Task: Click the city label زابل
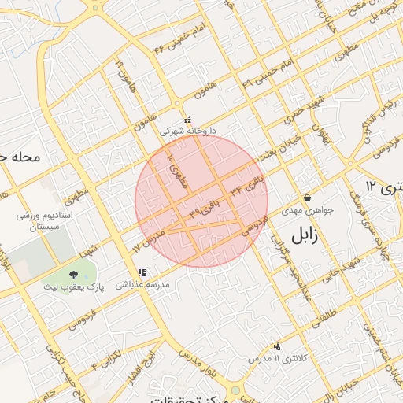tap(308, 235)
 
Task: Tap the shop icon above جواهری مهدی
tap(307, 198)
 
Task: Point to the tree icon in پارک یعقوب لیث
tap(73, 274)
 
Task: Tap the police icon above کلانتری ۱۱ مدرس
tap(276, 346)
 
